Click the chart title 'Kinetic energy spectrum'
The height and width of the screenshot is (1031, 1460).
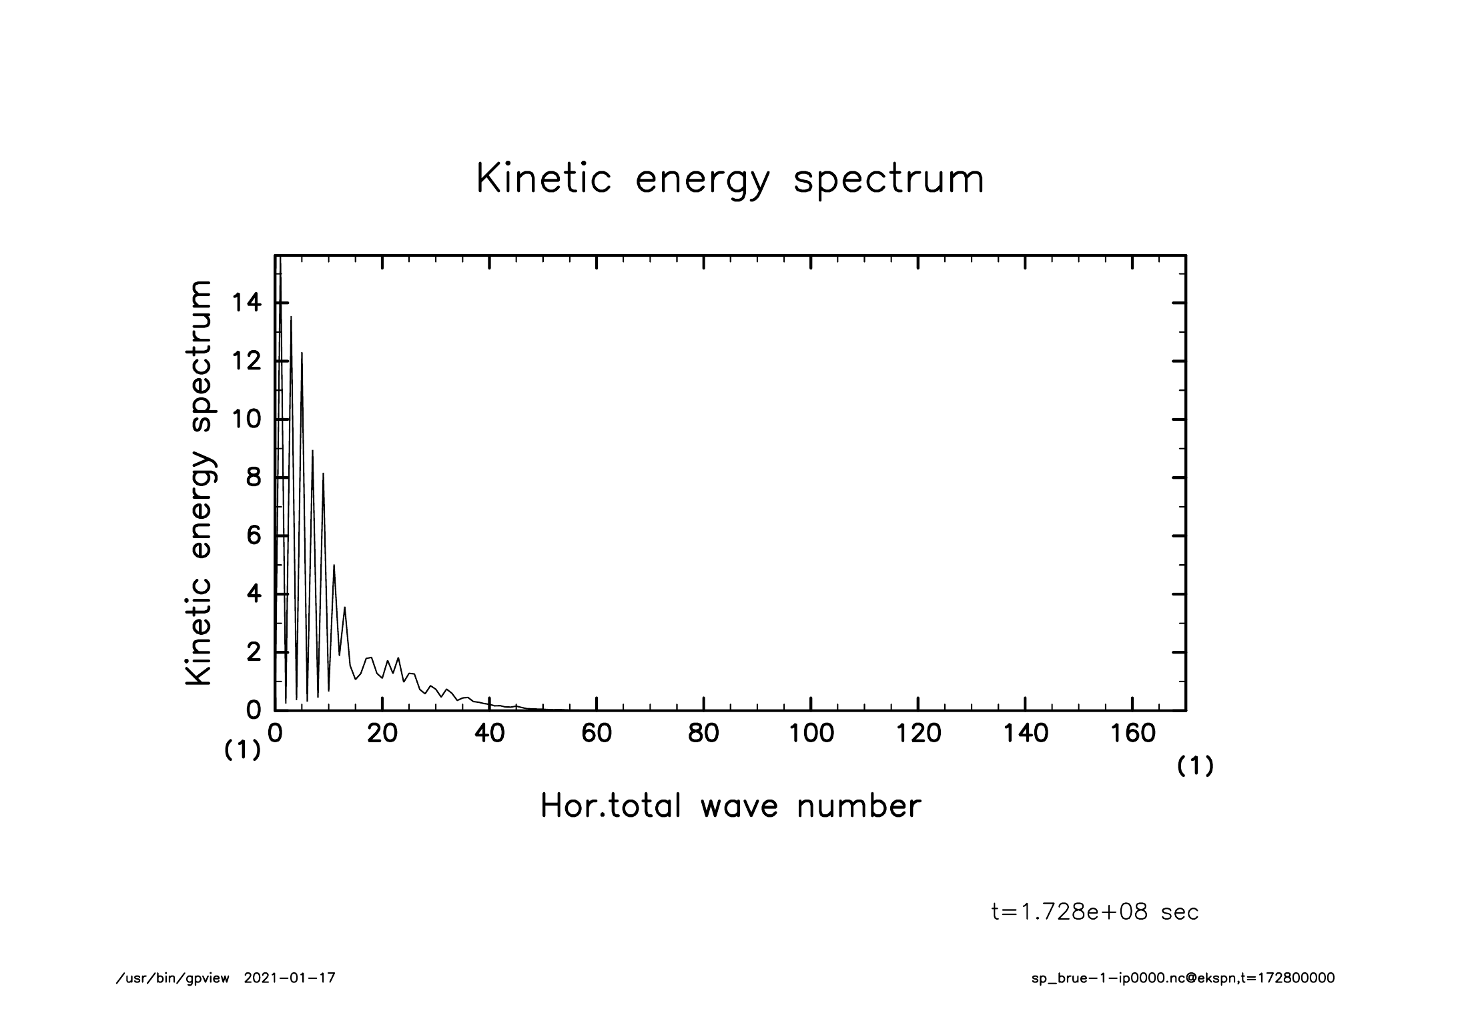point(730,179)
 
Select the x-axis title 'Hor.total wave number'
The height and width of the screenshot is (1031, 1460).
point(730,806)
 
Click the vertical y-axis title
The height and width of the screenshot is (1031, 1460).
point(199,483)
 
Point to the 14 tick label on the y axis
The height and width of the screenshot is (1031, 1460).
point(246,303)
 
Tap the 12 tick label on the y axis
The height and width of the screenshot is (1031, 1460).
point(246,361)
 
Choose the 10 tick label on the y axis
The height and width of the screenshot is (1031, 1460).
point(246,419)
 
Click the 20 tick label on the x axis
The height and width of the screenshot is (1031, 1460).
point(382,734)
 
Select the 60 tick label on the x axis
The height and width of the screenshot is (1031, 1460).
point(597,734)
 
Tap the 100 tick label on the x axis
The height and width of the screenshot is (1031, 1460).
point(811,734)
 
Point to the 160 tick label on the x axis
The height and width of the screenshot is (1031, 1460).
point(1132,734)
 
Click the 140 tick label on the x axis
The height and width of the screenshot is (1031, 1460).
point(1026,734)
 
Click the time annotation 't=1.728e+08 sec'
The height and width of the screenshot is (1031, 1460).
point(1095,912)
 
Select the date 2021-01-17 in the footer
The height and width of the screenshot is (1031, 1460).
point(290,978)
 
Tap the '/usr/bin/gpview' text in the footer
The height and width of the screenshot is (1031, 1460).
point(173,978)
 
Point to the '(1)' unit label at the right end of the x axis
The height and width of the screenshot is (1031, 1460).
point(1195,766)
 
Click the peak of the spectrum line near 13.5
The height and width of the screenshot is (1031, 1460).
point(291,317)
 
